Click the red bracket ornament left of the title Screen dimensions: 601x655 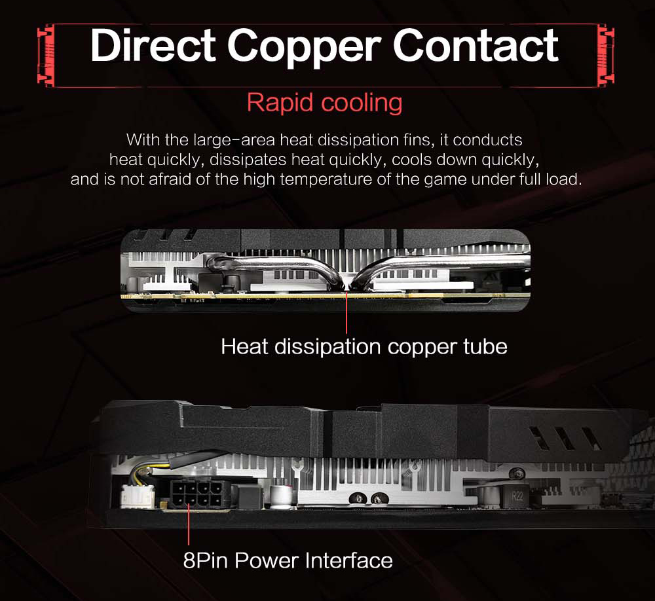pyautogui.click(x=45, y=55)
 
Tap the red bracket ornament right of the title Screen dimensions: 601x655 pyautogui.click(x=606, y=55)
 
